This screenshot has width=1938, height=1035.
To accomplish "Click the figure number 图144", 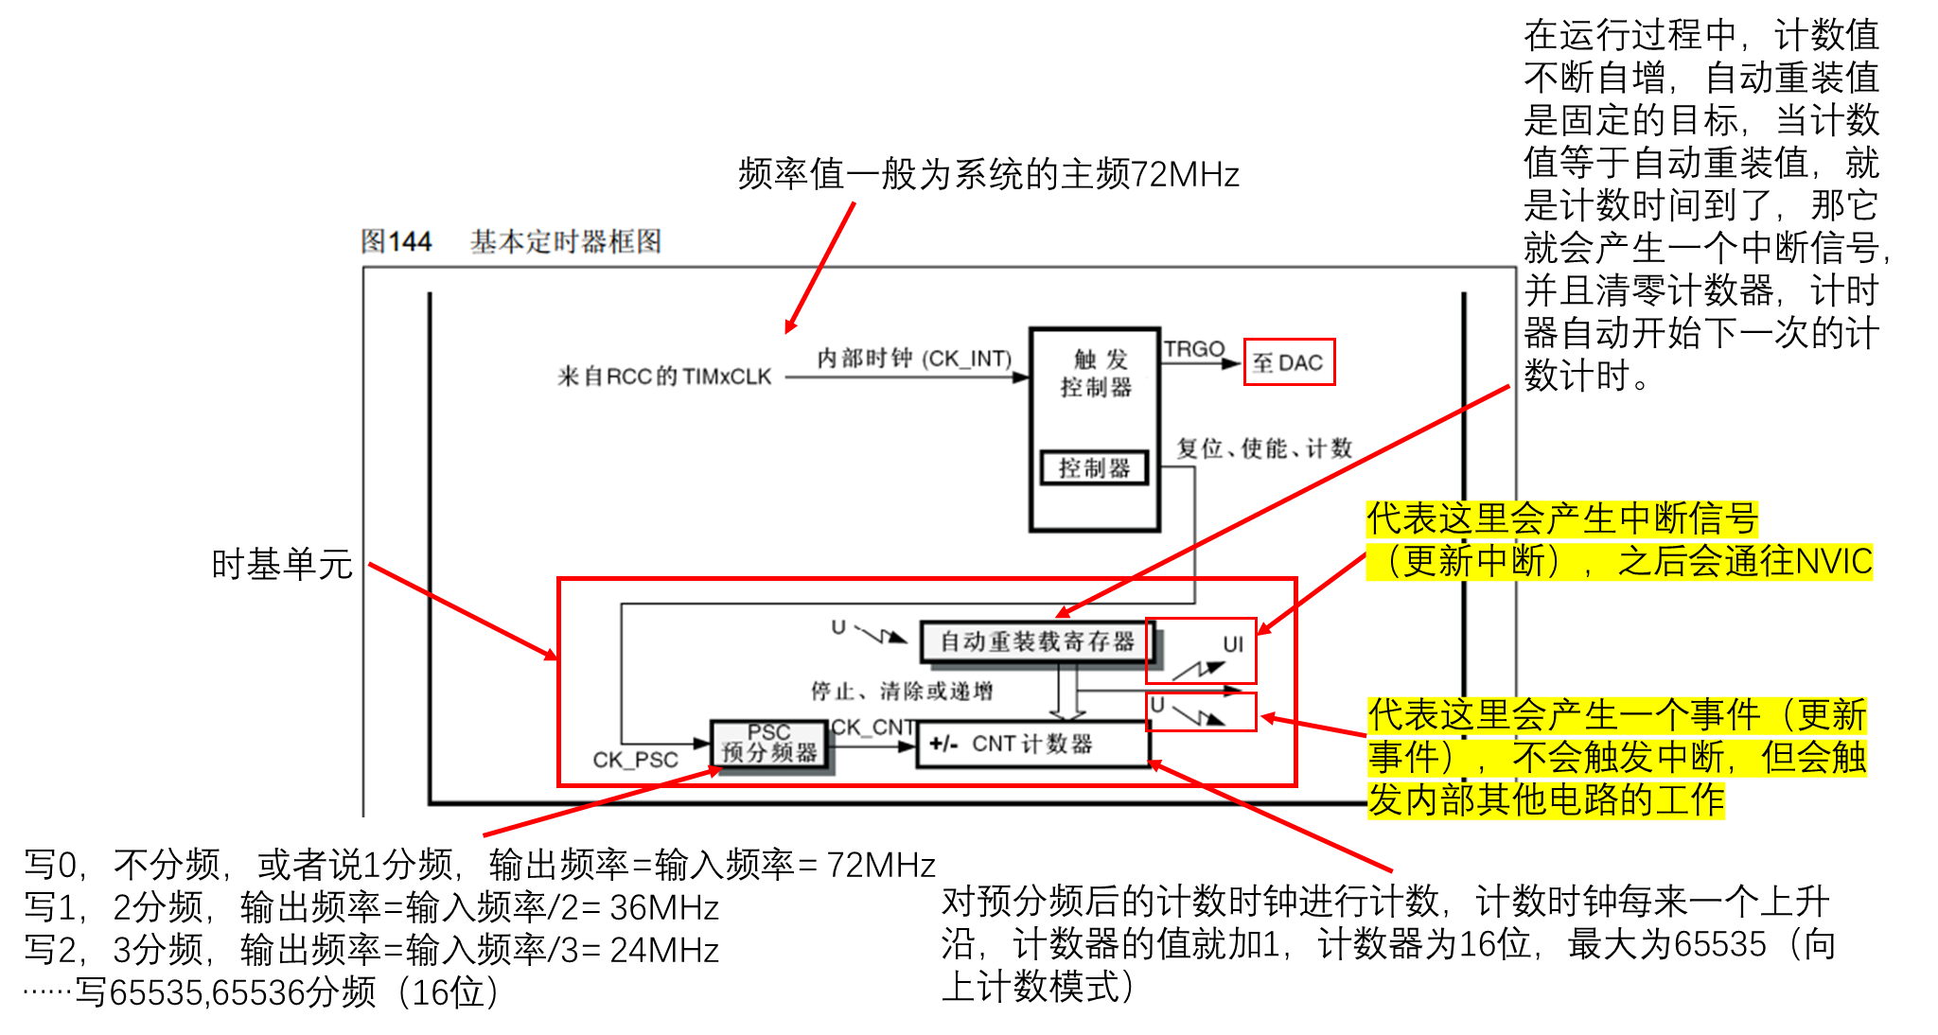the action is point(396,242).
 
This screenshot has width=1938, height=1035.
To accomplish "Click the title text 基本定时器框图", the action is point(566,242).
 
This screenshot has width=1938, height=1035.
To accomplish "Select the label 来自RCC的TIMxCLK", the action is point(664,377).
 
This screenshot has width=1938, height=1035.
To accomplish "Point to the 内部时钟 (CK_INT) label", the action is point(914,359).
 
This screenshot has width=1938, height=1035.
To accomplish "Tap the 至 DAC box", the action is point(1289,362).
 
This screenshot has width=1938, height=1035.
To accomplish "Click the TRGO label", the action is point(1194,349).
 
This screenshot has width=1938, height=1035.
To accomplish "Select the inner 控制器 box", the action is point(1094,468).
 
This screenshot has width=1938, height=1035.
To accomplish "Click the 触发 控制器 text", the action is point(1097,373).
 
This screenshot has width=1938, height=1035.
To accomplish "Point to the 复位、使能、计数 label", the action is point(1264,448).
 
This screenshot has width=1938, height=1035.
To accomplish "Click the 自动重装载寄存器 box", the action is point(1037,641).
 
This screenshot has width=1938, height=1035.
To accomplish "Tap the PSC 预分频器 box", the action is point(769,745).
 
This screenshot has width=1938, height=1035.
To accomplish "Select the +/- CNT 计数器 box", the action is point(1033,745).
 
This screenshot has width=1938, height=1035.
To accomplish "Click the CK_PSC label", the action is point(635,760).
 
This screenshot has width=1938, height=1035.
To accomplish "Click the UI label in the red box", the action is point(1233,644).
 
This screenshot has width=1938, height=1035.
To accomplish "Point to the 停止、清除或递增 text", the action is point(902,692).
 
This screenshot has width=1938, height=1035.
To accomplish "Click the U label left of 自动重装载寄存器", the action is point(838,627).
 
